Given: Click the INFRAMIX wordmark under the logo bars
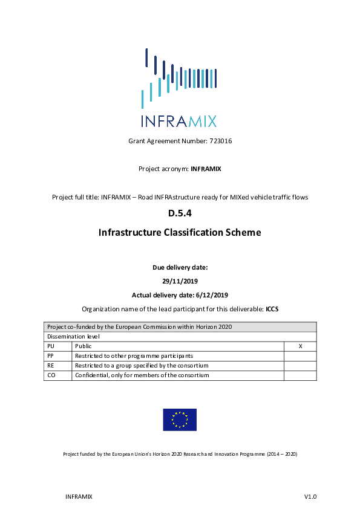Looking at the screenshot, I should (x=179, y=121).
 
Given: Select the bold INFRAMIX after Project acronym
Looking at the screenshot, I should (x=206, y=169).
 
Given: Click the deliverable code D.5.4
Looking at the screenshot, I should (x=180, y=213).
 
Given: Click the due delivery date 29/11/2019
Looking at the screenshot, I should (x=180, y=281).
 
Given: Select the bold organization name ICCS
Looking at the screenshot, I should (x=272, y=309).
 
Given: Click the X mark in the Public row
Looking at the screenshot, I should (x=300, y=346).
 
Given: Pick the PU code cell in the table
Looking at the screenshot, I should (x=51, y=346).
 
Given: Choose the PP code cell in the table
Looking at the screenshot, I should (x=51, y=356).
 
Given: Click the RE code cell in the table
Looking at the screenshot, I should (x=51, y=366).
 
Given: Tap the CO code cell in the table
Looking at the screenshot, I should (x=51, y=375).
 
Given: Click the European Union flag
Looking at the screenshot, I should (x=180, y=420).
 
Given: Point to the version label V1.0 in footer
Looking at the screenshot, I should (x=310, y=496).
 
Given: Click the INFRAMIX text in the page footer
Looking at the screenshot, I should (x=78, y=496).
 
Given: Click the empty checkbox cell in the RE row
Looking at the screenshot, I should (x=300, y=366).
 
